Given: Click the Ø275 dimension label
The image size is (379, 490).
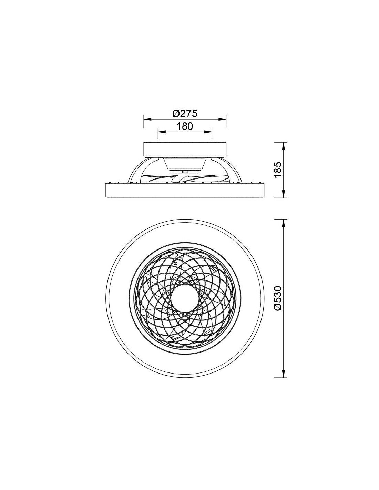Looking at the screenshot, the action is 185,113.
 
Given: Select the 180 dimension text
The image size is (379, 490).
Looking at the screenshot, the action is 185,126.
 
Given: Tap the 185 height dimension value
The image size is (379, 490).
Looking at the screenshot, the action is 278,170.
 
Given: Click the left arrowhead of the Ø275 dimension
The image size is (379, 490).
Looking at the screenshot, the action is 147,119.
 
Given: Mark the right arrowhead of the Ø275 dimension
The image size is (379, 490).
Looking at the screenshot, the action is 222,119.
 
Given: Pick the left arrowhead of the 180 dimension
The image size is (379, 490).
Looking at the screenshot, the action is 162,132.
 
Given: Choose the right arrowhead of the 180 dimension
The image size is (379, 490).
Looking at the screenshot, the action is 208,132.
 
